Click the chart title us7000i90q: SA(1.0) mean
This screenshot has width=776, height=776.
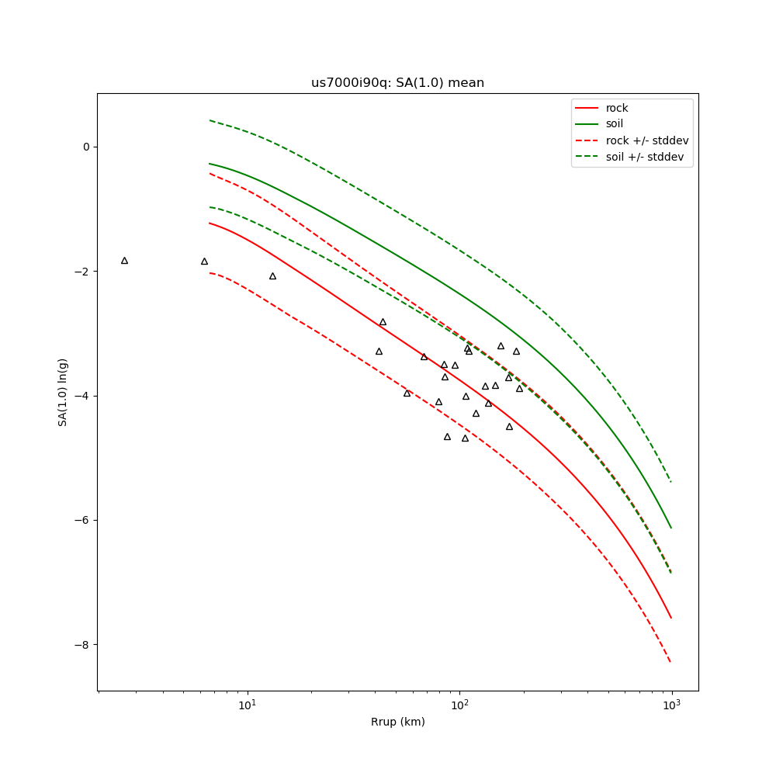(x=397, y=83)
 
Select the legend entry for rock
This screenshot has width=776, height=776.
(x=617, y=108)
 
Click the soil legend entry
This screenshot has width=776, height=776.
(x=615, y=124)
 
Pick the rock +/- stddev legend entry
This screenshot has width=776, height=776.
(x=647, y=140)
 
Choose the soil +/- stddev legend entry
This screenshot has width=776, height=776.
(x=646, y=157)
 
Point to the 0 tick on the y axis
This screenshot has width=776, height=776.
(x=86, y=147)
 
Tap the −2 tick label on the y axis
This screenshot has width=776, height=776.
(x=83, y=272)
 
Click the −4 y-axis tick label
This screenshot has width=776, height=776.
(x=83, y=396)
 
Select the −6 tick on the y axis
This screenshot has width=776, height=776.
(x=83, y=520)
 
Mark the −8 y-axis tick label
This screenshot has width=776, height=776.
(x=83, y=645)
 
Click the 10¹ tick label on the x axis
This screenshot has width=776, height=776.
(x=247, y=704)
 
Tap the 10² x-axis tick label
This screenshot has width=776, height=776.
(x=459, y=704)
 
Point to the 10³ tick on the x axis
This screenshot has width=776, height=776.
(x=671, y=704)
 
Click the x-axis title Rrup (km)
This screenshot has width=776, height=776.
(x=397, y=722)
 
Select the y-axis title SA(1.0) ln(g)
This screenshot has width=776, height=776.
(x=63, y=392)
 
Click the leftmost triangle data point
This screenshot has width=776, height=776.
(x=124, y=261)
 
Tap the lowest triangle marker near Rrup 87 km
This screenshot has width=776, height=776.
(x=447, y=437)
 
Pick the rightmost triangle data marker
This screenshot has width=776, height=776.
(x=520, y=388)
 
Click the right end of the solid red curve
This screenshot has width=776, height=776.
(x=671, y=618)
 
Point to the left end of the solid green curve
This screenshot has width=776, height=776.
(x=210, y=164)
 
